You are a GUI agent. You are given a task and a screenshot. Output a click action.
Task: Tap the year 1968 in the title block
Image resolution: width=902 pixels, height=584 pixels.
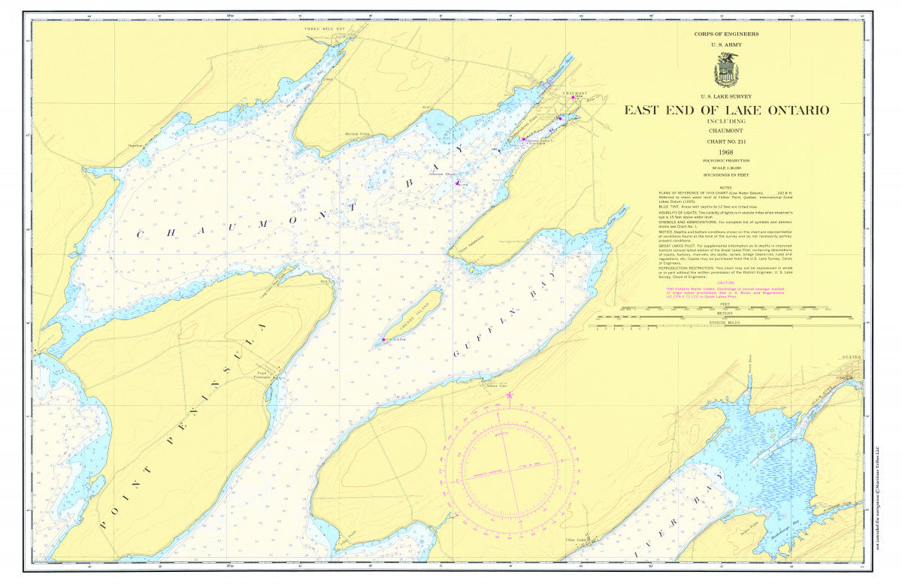(x=726, y=152)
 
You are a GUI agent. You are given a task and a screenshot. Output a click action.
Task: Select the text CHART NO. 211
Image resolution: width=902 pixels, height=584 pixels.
(x=726, y=141)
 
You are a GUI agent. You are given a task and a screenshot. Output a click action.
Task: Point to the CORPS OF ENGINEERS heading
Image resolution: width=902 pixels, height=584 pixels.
(x=726, y=34)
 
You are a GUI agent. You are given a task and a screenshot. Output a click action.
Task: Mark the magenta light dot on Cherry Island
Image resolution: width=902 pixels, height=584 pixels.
(x=384, y=340)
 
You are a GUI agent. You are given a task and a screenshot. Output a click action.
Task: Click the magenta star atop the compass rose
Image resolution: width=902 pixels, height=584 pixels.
(x=510, y=394)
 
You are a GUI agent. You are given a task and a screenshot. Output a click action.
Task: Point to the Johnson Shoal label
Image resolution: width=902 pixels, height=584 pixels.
(x=443, y=174)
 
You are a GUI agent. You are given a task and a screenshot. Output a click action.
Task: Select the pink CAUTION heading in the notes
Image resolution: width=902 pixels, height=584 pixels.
(x=726, y=283)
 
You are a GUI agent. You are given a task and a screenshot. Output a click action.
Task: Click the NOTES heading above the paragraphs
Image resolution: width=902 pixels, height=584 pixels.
(x=725, y=187)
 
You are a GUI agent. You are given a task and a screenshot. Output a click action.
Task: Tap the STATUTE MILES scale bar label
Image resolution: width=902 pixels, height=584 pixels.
(x=726, y=323)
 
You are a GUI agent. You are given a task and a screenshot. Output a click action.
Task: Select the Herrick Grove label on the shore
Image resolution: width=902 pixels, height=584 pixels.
(x=358, y=134)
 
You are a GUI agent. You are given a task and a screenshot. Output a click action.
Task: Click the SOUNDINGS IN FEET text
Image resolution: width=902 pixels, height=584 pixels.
(x=726, y=174)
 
